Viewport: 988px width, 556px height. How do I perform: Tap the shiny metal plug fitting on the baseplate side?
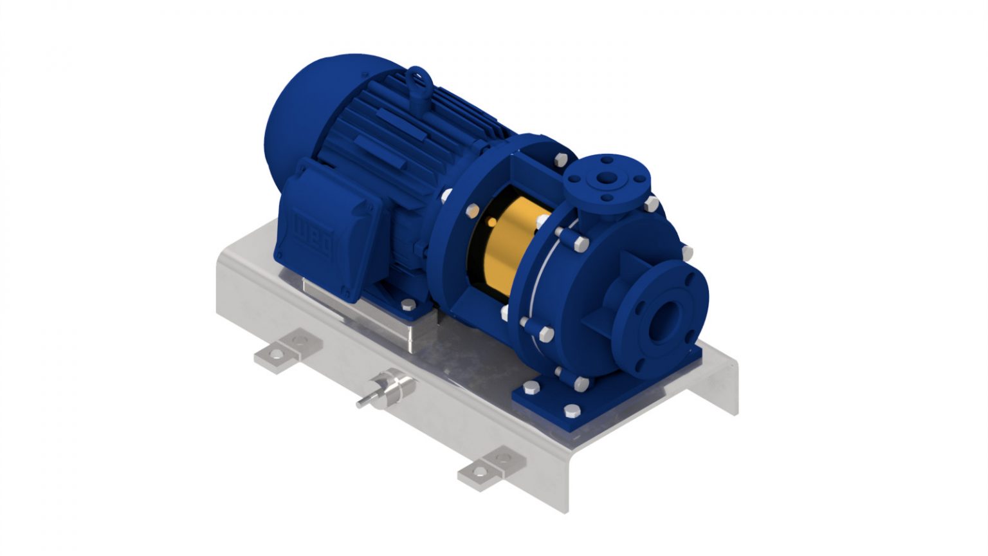[x=389, y=389]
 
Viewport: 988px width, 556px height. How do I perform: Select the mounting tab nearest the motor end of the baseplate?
[x=287, y=348]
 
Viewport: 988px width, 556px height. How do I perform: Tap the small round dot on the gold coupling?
[x=492, y=222]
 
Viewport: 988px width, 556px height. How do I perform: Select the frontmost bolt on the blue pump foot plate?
[x=571, y=411]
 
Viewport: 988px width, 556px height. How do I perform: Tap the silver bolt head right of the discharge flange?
[x=650, y=204]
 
